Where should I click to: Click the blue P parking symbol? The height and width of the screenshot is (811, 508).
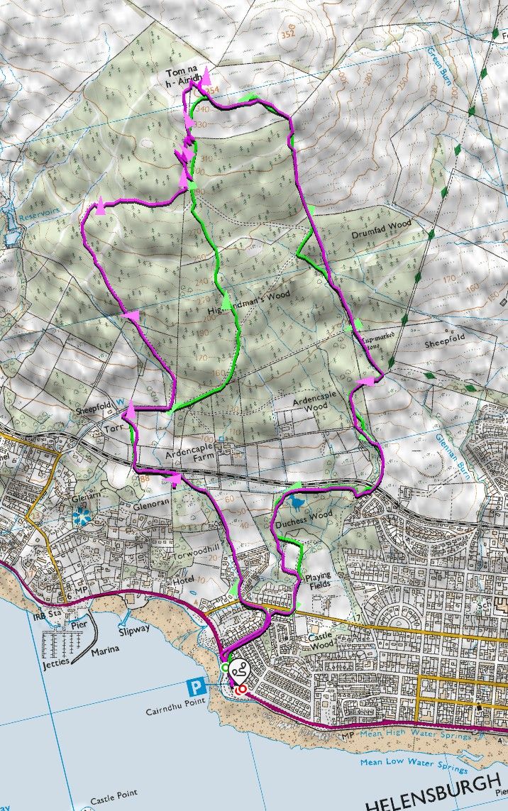193,687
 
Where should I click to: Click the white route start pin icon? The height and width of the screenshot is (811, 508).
238,669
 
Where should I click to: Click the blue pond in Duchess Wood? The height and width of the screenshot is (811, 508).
294,503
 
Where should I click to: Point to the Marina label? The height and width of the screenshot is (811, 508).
104,649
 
